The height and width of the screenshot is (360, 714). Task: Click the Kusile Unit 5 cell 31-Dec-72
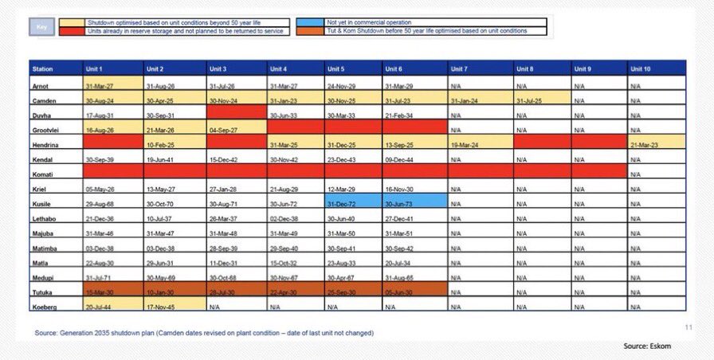point(353,204)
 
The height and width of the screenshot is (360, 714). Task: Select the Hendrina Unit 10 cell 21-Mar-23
point(656,143)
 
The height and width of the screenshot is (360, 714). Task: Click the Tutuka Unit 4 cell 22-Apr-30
point(296,292)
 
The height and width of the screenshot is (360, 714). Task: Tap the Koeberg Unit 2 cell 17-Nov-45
point(174,306)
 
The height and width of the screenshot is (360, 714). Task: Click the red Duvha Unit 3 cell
point(236,115)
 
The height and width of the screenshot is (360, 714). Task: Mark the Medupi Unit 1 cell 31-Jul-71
point(113,277)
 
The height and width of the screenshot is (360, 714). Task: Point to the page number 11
point(688,327)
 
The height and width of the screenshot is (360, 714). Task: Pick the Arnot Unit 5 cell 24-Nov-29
point(353,85)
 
